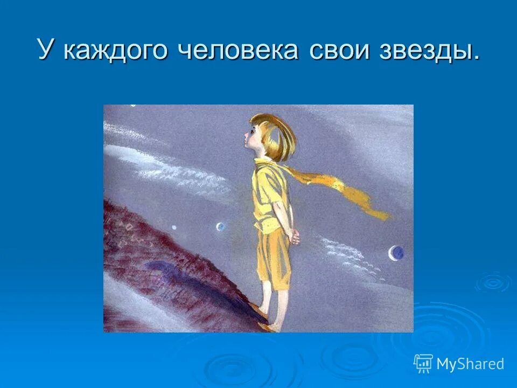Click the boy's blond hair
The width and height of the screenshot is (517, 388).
click(275, 135)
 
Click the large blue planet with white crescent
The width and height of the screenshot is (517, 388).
click(397, 252)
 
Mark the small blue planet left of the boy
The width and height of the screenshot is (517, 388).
click(220, 227)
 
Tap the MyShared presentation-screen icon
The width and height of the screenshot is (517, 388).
click(423, 363)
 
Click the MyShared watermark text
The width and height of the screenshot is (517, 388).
click(470, 364)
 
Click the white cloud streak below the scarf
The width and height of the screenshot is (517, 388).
click(345, 253)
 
